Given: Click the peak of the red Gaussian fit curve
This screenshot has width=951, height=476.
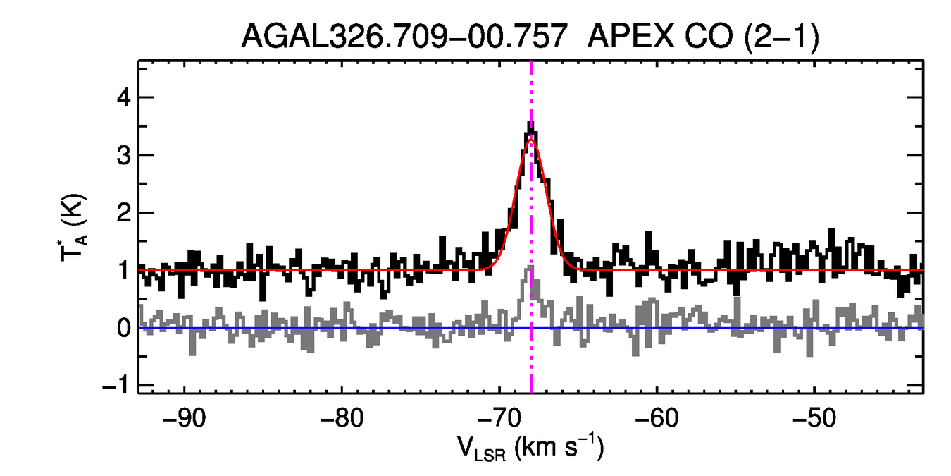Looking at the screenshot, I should tap(531, 140).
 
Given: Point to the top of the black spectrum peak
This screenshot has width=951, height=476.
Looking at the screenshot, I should tap(530, 122).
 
